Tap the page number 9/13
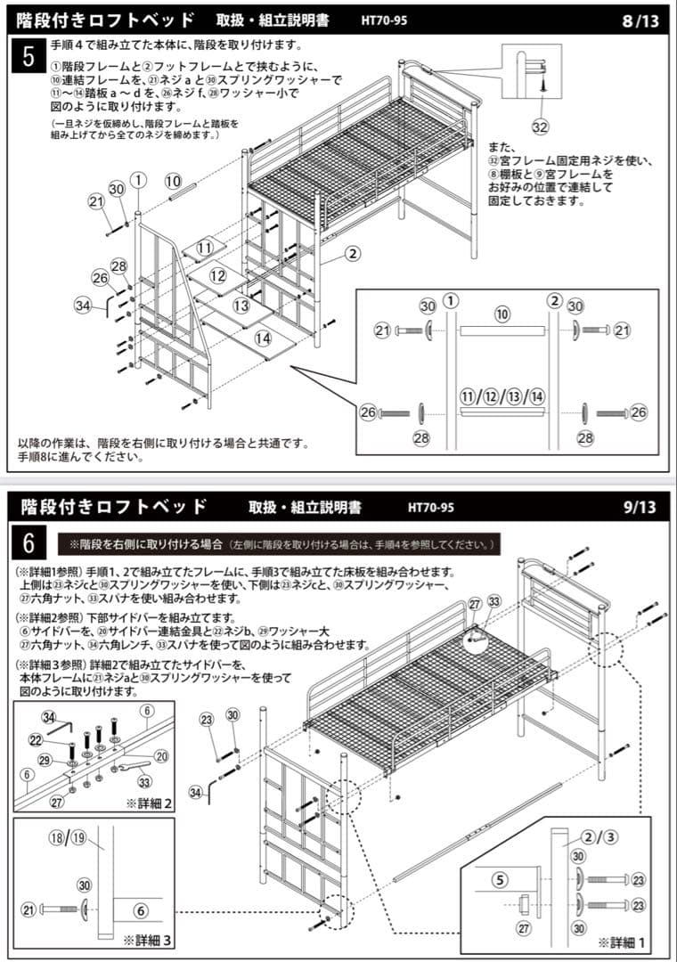pos(640,508)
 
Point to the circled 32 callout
pos(541,124)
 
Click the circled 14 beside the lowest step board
pos(263,338)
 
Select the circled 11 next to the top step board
pos(206,248)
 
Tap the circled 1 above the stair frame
pos(138,180)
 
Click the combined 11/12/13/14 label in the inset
pos(502,395)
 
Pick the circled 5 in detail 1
pos(501,880)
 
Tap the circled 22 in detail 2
pos(37,741)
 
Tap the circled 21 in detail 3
pos(28,910)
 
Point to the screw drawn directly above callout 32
pos(541,84)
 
